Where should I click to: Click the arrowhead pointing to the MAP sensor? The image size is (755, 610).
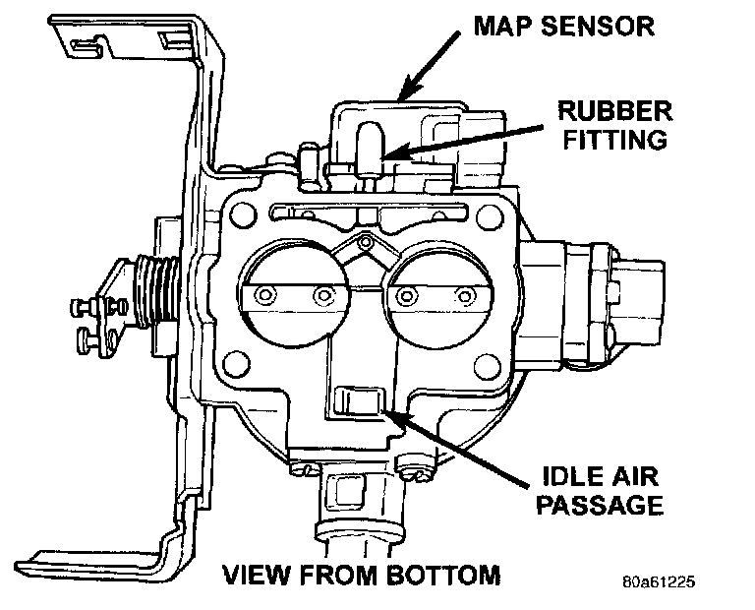point(402,95)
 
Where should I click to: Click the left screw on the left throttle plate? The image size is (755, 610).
point(263,295)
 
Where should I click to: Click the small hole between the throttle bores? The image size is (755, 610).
point(365,240)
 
